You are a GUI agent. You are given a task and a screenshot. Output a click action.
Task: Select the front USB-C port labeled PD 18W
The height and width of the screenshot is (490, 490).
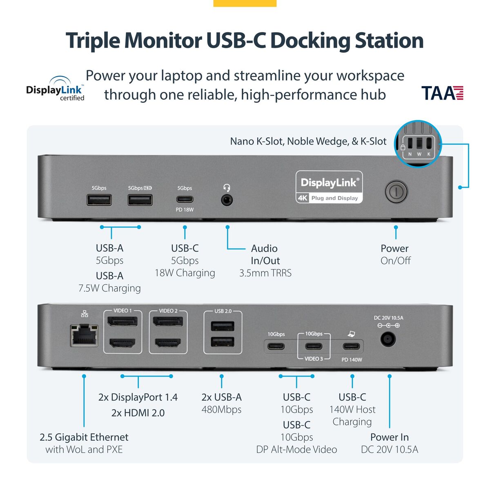185,200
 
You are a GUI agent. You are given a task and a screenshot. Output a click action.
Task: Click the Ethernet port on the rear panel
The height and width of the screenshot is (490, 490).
84,335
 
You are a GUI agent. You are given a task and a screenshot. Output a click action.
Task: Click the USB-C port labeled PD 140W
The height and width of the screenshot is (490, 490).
352,347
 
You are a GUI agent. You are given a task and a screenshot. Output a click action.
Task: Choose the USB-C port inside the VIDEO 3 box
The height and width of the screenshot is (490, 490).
314,347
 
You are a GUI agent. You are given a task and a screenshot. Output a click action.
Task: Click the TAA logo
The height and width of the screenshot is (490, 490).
442,93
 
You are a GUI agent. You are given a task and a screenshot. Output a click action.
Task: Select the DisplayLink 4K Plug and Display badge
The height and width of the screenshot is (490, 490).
329,187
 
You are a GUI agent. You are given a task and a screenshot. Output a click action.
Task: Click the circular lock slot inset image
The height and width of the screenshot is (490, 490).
418,144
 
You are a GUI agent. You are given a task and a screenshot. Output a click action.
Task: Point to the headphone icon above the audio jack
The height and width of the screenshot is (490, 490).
227,188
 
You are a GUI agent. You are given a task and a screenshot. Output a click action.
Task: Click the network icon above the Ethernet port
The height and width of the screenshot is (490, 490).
85,314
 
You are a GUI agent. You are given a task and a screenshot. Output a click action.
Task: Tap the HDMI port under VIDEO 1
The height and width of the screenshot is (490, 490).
122,342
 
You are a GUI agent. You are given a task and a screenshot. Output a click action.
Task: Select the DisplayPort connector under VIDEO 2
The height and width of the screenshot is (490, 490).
168,321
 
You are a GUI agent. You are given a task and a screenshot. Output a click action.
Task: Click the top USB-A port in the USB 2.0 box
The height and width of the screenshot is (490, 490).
223,326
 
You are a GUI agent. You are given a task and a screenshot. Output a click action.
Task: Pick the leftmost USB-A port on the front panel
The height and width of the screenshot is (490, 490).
99,200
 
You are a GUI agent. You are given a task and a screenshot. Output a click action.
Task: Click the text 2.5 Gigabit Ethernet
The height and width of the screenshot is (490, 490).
84,437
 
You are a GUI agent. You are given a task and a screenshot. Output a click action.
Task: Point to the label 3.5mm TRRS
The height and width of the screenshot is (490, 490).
265,273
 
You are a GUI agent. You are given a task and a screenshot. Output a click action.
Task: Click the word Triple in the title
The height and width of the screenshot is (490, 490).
93,41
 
